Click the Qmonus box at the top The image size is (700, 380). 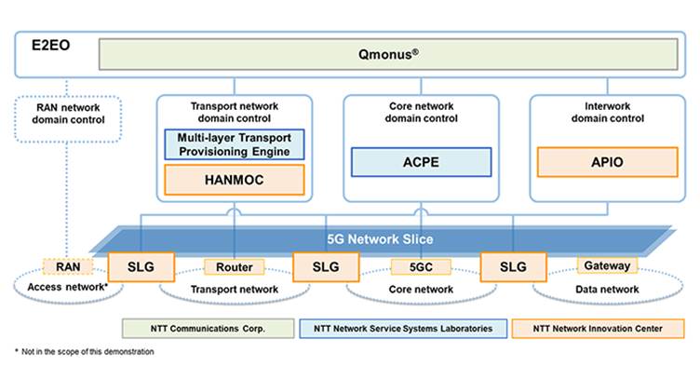(389, 53)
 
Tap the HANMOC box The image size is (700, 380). (234, 179)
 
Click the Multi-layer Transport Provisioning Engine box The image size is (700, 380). (234, 144)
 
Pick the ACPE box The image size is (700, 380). (420, 162)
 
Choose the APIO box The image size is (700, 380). (606, 162)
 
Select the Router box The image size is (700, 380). (234, 266)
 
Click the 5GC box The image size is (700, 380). (420, 266)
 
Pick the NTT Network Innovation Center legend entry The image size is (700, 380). (599, 328)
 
